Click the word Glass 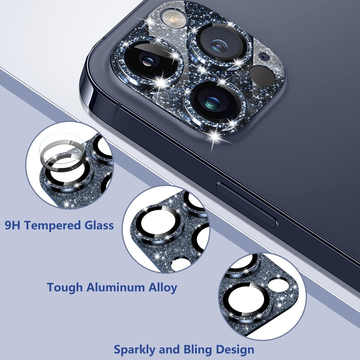click(x=96, y=225)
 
